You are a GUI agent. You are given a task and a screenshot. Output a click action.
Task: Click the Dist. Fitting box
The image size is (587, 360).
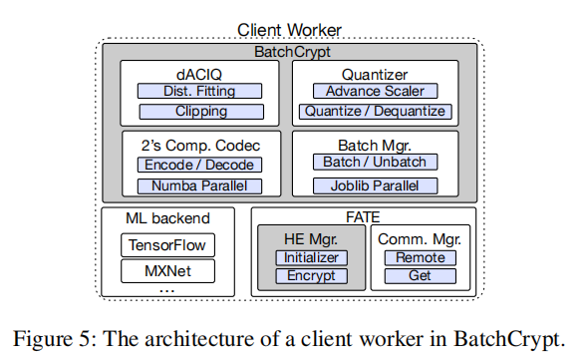pyautogui.click(x=200, y=91)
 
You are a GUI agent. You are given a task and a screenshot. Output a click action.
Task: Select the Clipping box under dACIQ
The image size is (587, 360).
pyautogui.click(x=200, y=111)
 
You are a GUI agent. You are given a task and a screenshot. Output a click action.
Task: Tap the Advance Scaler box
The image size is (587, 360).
pyautogui.click(x=376, y=91)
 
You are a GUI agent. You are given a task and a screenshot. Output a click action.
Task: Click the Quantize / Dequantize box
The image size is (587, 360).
pyautogui.click(x=376, y=111)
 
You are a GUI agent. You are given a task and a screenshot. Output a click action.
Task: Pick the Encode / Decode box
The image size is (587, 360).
pyautogui.click(x=199, y=165)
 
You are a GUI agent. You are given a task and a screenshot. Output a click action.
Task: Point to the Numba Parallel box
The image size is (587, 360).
pyautogui.click(x=199, y=185)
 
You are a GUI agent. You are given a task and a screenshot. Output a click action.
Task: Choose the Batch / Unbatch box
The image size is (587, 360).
pyautogui.click(x=376, y=162)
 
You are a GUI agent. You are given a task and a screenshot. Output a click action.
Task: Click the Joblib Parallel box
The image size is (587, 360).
pyautogui.click(x=376, y=185)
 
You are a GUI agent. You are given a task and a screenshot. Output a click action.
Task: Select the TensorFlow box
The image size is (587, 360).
pyautogui.click(x=167, y=244)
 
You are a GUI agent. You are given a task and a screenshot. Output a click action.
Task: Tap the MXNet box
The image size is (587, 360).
pyautogui.click(x=167, y=270)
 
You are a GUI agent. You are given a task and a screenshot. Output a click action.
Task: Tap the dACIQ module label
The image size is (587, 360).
pyautogui.click(x=200, y=72)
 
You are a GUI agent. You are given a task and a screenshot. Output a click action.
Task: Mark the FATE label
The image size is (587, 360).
pyautogui.click(x=364, y=215)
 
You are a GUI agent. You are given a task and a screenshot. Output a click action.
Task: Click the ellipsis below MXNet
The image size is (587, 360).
pyautogui.click(x=167, y=288)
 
